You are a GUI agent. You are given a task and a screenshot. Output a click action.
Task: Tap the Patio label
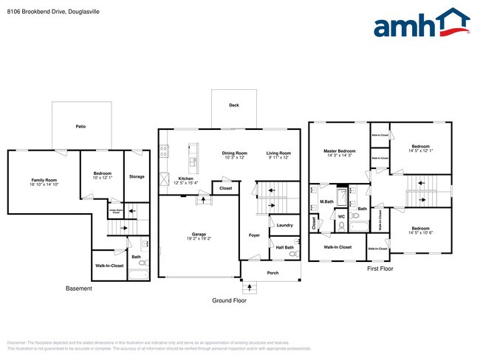(80, 127)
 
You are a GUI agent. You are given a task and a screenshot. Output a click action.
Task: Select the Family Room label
(44, 180)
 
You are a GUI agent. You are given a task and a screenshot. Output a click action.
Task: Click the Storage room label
(137, 177)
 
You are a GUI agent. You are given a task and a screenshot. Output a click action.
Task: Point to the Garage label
(199, 235)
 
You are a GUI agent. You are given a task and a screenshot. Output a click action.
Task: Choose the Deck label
(233, 105)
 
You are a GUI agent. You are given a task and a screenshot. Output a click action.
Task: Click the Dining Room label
(235, 153)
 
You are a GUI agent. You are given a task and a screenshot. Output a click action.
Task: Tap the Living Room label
(278, 153)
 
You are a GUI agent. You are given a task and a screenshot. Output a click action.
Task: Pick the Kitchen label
(186, 179)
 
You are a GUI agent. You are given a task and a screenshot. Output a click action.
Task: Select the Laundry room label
(285, 225)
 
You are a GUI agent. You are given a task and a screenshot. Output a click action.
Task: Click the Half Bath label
(284, 247)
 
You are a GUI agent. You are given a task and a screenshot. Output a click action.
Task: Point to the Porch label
(272, 272)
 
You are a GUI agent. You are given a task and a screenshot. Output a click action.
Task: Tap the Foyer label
(254, 235)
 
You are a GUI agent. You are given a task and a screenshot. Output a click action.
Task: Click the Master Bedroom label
(340, 151)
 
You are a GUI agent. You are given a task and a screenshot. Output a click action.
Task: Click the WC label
(341, 217)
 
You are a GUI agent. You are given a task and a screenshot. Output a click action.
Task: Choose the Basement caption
(79, 288)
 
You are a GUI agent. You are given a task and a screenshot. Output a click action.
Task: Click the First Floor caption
(380, 269)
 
